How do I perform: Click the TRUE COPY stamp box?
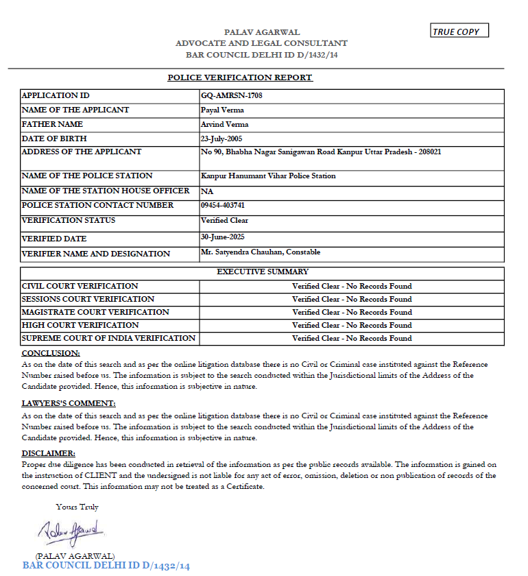459,32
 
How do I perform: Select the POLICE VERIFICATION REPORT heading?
240,77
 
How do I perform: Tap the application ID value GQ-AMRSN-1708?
231,96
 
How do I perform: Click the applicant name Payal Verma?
222,110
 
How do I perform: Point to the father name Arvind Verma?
224,125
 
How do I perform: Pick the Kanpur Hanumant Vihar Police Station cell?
268,176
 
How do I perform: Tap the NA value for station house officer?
206,191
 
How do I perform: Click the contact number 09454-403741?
223,206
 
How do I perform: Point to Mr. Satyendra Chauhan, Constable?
261,252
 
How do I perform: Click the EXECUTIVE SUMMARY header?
263,272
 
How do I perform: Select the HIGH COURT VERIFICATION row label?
80,325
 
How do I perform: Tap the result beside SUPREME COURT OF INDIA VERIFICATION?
352,338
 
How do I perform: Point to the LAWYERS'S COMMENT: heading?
69,403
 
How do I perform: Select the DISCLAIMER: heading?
48,453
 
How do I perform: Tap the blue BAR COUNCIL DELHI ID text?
106,566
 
